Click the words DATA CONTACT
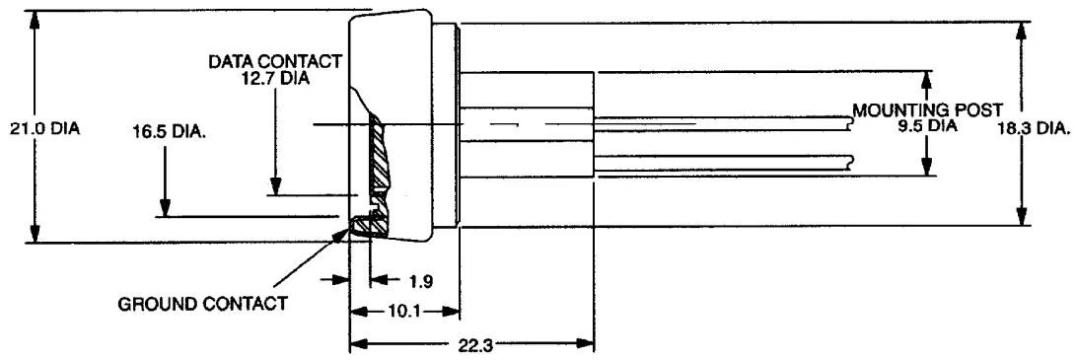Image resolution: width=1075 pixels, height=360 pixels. [x=275, y=62]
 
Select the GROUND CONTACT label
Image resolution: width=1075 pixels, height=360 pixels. [x=203, y=303]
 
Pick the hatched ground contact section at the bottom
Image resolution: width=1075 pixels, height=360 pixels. [x=372, y=225]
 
